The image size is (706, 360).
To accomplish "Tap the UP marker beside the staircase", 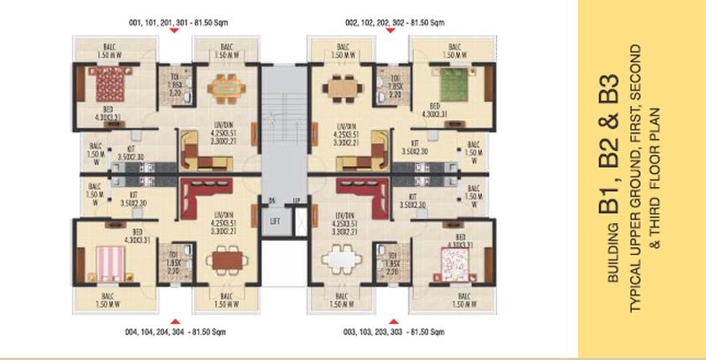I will click(x=296, y=199).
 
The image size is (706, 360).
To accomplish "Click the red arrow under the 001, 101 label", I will click(x=176, y=31).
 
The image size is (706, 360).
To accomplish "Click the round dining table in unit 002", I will click(x=341, y=90).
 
